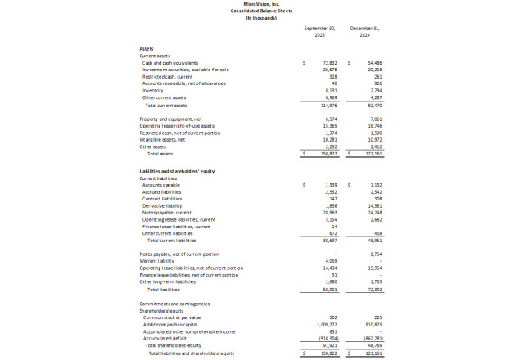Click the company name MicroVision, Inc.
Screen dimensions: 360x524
[x=261, y=5]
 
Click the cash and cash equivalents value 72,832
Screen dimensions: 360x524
[x=331, y=62]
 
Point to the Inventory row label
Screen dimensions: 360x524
[x=154, y=90]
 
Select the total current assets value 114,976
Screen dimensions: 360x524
[x=329, y=105]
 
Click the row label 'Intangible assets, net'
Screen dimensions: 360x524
[x=162, y=139]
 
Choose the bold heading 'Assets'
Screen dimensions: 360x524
[x=147, y=48]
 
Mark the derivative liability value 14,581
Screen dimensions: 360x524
[x=375, y=205]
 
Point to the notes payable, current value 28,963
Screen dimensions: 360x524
[x=329, y=212]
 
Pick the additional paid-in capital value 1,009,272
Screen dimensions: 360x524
[x=327, y=325]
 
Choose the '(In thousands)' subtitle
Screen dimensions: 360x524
[x=261, y=18]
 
